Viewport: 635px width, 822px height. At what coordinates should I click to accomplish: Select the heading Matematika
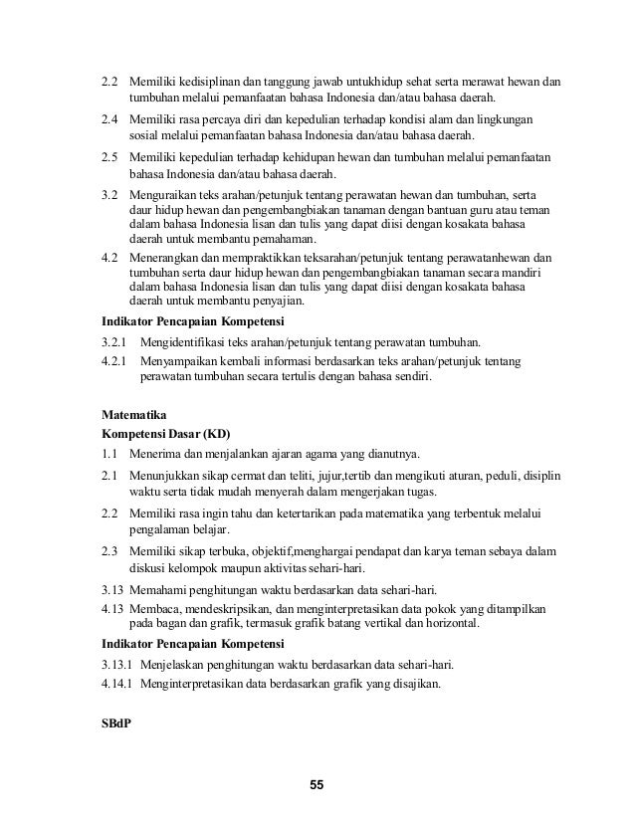point(134,411)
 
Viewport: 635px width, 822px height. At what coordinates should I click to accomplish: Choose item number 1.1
point(108,454)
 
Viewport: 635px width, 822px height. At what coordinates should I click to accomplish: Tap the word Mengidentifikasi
point(189,341)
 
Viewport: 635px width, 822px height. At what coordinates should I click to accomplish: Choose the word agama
point(303,454)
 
